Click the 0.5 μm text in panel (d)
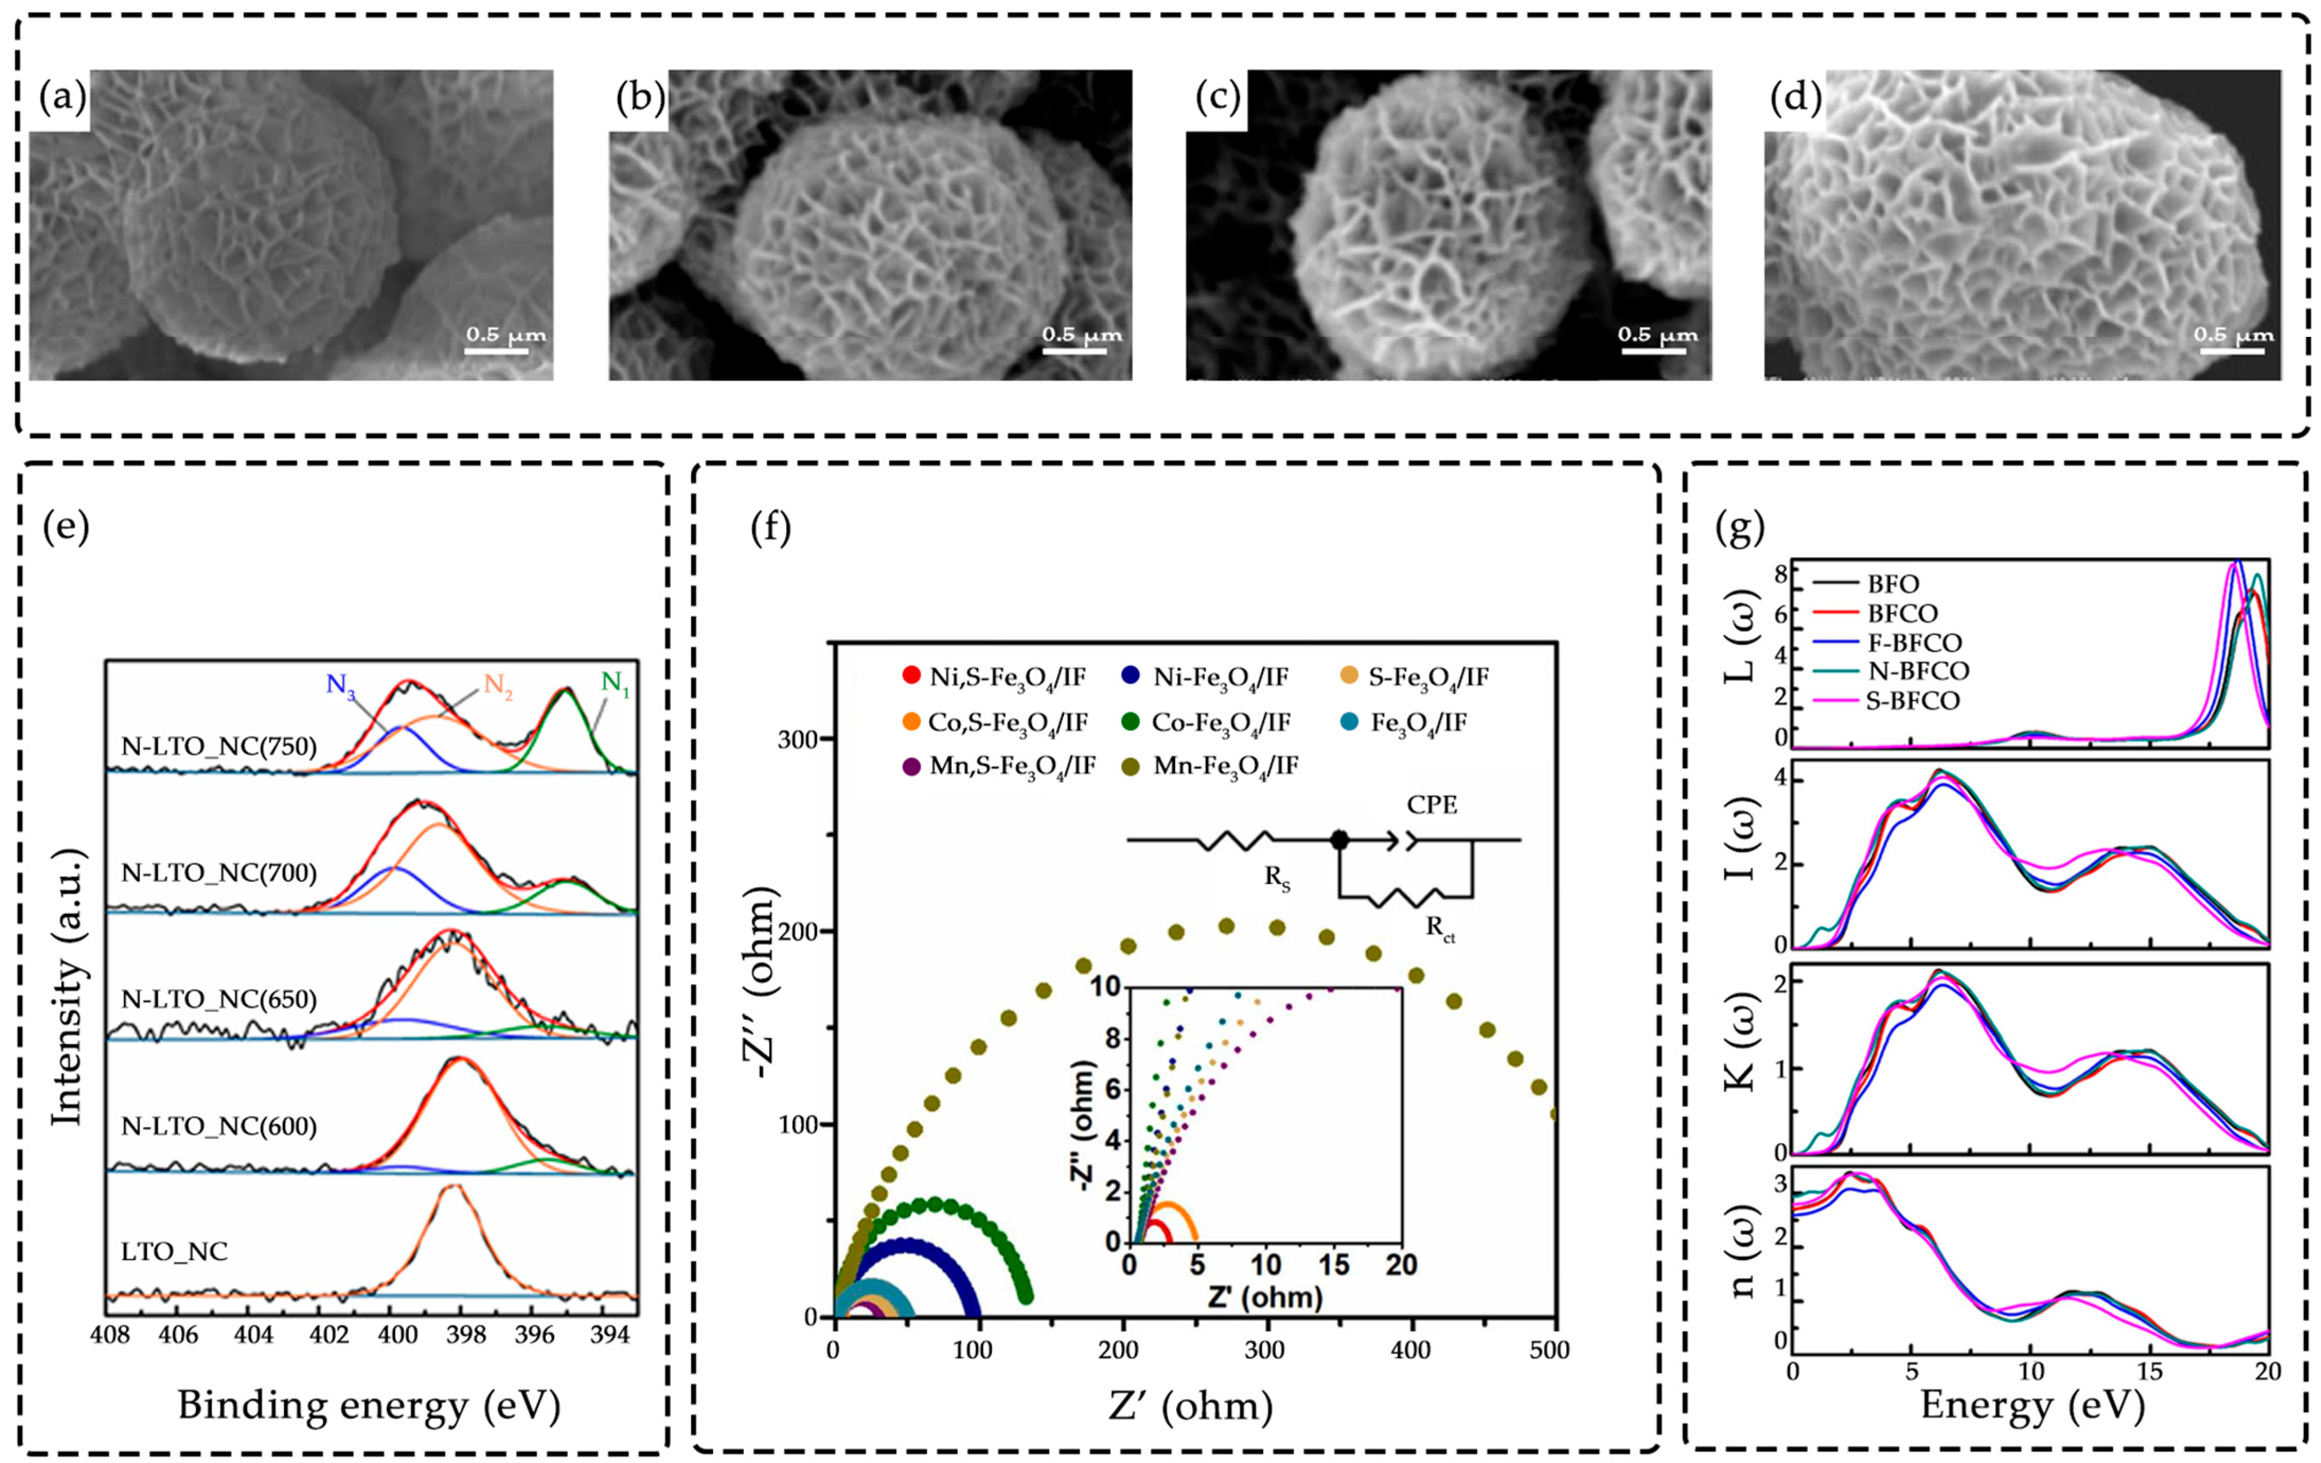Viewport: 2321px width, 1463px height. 2233,334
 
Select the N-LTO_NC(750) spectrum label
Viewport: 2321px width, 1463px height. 219,746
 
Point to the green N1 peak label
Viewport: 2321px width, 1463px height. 615,682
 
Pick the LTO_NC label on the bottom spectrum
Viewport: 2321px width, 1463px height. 174,1252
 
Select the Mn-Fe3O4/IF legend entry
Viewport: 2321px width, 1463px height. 1225,766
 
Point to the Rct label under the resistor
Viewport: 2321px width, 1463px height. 1440,930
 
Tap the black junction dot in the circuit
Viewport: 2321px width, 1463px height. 1339,841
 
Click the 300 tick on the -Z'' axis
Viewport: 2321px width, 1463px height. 797,739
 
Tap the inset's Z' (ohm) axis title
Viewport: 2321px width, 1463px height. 1265,1297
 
